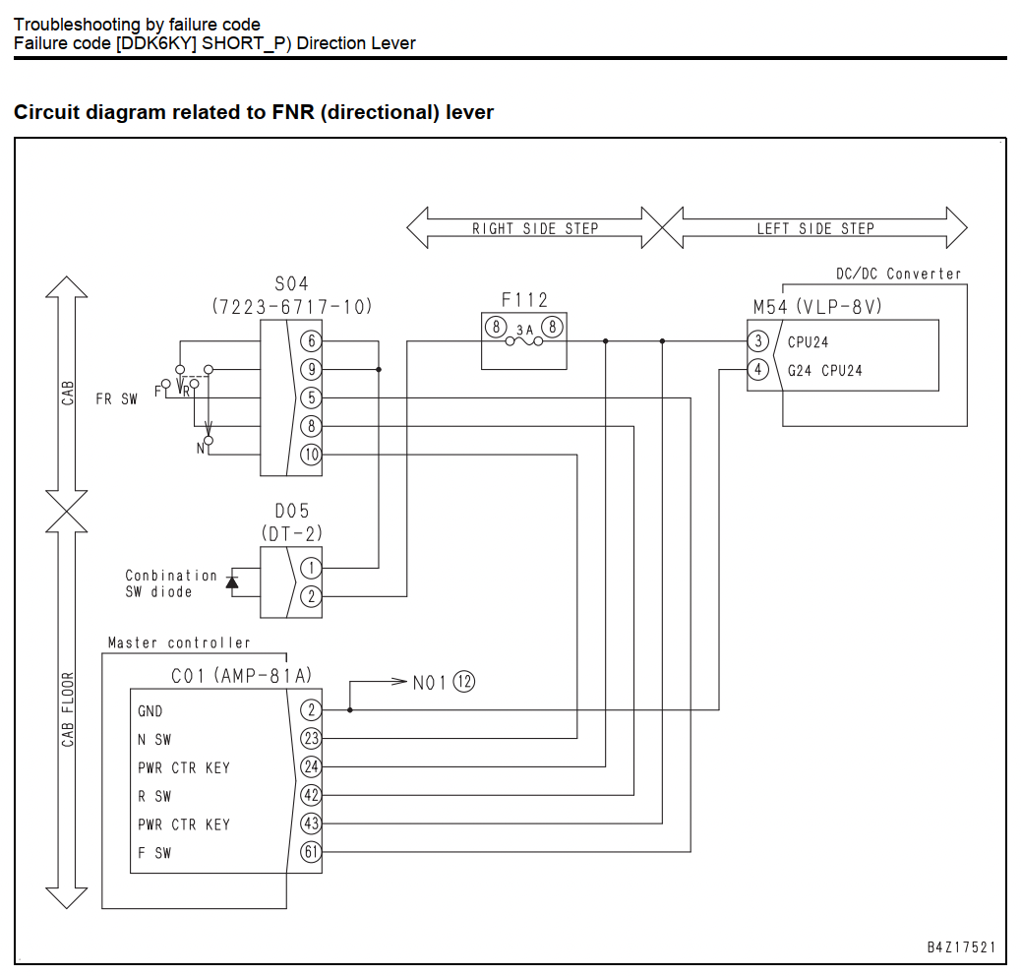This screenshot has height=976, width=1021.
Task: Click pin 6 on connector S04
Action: coord(311,340)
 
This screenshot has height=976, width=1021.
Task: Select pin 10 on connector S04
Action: coord(311,455)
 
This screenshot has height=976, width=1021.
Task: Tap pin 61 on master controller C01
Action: coord(311,852)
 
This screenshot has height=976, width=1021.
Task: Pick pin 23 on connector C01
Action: coord(311,738)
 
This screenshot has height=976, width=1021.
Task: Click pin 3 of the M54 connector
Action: coord(758,340)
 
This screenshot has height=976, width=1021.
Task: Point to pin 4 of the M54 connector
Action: coord(758,369)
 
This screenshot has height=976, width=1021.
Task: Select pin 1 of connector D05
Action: coord(311,568)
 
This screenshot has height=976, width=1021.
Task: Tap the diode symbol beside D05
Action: coord(232,580)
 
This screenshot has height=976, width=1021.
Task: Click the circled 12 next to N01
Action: coord(463,682)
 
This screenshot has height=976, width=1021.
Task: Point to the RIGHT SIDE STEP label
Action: coord(534,228)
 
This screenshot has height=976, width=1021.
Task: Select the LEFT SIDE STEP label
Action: coord(815,228)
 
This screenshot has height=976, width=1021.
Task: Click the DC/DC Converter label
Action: coord(899,274)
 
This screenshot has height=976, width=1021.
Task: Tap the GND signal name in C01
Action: coord(150,711)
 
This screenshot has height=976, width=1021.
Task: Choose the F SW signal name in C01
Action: coord(154,852)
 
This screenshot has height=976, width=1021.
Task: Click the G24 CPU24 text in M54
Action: coord(825,371)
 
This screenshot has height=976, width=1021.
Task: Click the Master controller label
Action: coord(179,642)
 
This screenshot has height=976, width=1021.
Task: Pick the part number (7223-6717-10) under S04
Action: coord(292,306)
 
